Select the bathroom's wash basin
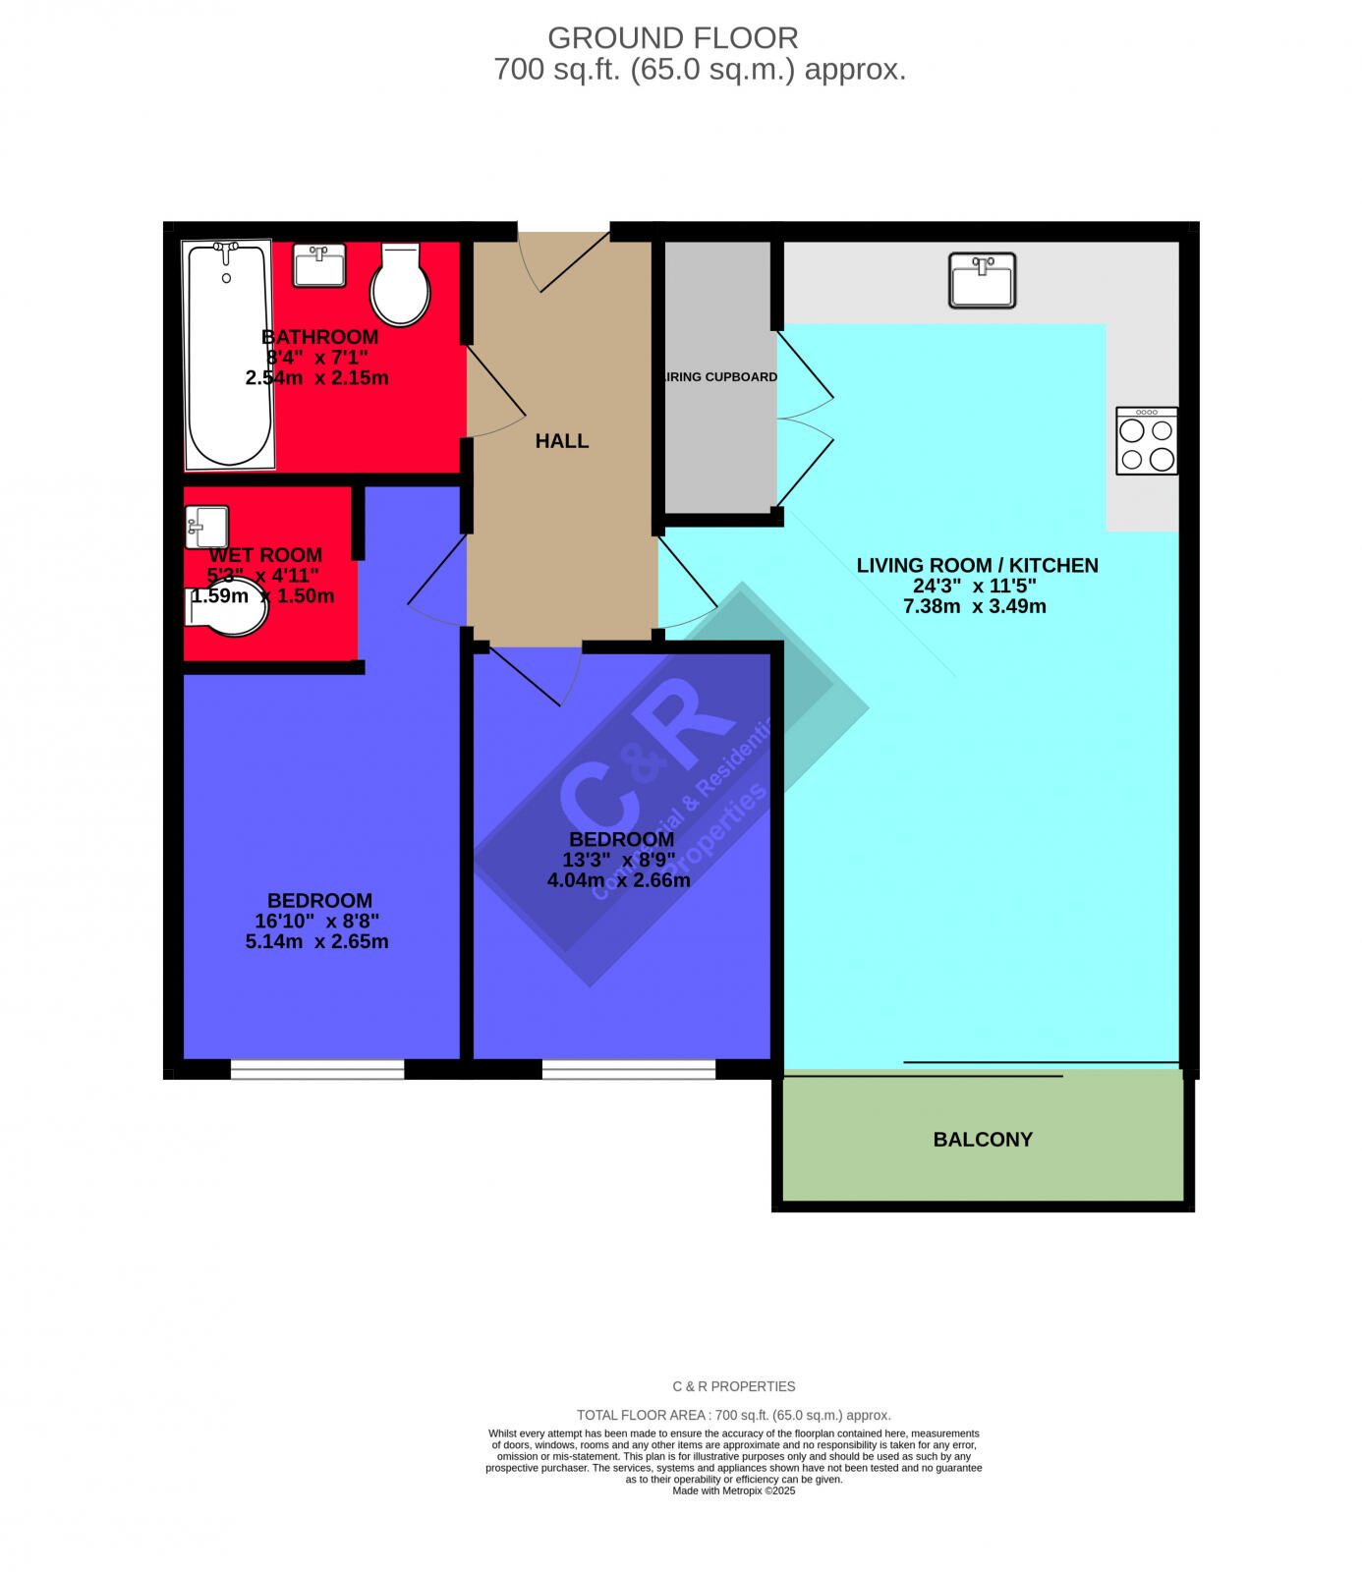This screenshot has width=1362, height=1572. tap(319, 265)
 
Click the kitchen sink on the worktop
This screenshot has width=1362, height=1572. tap(982, 280)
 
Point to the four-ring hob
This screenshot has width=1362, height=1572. tap(1147, 442)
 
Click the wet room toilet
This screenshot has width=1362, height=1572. tap(229, 606)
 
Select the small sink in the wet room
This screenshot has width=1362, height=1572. tap(206, 528)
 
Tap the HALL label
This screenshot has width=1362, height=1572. tap(562, 441)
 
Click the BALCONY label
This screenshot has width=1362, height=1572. tap(983, 1140)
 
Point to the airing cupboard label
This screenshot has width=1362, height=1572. tap(720, 377)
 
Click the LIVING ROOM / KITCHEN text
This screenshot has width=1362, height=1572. tap(977, 565)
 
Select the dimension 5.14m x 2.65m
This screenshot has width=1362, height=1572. tap(316, 941)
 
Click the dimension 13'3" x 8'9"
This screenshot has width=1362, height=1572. tap(618, 860)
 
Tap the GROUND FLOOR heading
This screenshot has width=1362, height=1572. tap(672, 37)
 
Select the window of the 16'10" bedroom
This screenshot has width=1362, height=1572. tap(316, 1070)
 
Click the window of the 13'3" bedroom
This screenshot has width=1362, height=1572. tap(629, 1070)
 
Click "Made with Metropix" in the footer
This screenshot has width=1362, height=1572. tap(733, 1490)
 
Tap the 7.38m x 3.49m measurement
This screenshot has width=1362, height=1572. tap(974, 606)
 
